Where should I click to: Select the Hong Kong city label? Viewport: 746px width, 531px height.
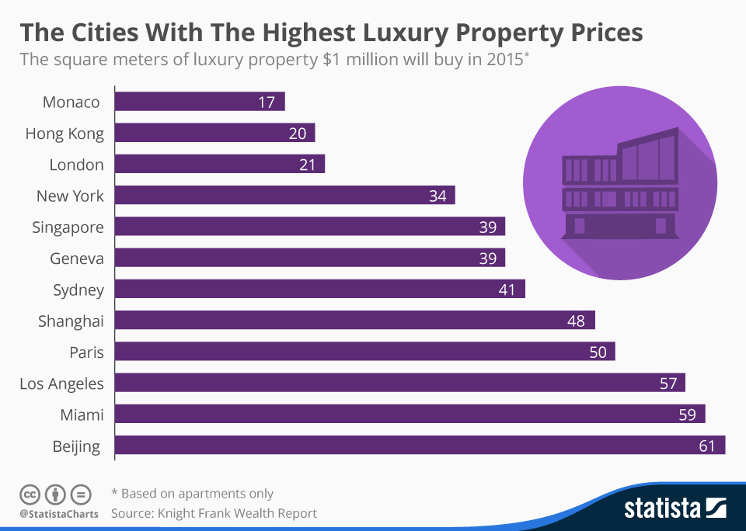tap(64, 134)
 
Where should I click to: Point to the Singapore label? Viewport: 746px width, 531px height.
tap(68, 227)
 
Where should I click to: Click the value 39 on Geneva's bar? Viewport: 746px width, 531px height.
tap(487, 258)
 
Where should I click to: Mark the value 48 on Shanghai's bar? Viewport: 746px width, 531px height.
tap(576, 320)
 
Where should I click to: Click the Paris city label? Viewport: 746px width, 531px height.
tap(86, 352)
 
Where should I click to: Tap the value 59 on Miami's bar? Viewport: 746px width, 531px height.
tap(687, 414)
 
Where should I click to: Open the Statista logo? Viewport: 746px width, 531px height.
tap(675, 508)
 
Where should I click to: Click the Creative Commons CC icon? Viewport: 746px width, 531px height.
tap(30, 494)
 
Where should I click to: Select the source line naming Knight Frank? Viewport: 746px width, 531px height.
tap(214, 513)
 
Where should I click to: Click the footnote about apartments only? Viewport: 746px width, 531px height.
tap(192, 493)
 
